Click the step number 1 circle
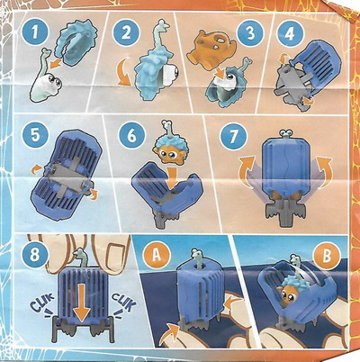pyautogui.click(x=35, y=32)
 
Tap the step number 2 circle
pyautogui.click(x=126, y=32)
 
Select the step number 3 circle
pyautogui.click(x=250, y=33)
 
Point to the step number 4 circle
pyautogui.click(x=290, y=34)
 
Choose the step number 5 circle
pyautogui.click(x=35, y=134)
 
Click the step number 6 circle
pyautogui.click(x=132, y=135)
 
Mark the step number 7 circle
pyautogui.click(x=233, y=136)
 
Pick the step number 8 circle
pyautogui.click(x=35, y=256)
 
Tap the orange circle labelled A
pyautogui.click(x=157, y=256)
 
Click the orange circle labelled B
pyautogui.click(x=327, y=256)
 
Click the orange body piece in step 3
pyautogui.click(x=211, y=47)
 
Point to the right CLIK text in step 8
pyautogui.click(x=123, y=303)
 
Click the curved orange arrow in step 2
pyautogui.click(x=123, y=75)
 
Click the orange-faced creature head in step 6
pyautogui.click(x=166, y=150)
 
